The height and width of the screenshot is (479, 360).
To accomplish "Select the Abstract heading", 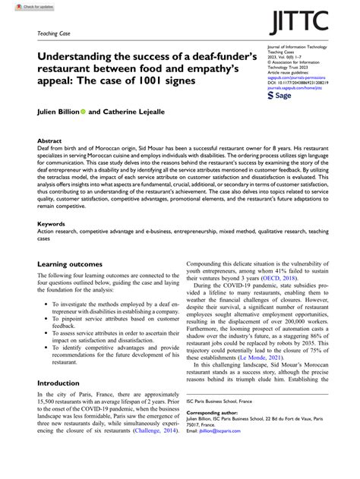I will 50,141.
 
